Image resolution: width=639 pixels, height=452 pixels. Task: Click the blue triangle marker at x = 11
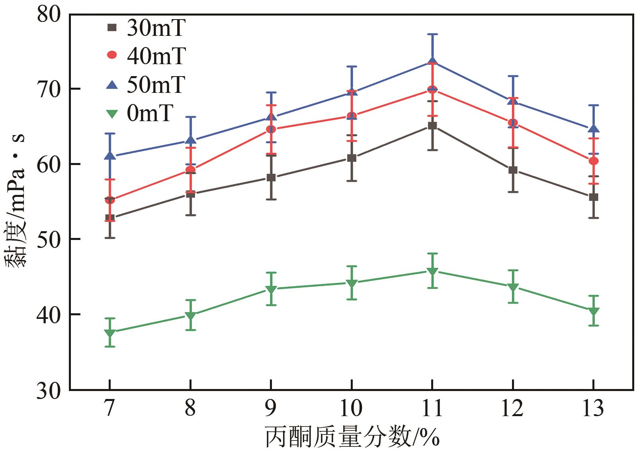tap(432, 61)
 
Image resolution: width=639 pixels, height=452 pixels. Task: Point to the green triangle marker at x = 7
tap(110, 333)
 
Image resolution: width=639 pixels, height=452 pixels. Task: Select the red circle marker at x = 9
tap(271, 129)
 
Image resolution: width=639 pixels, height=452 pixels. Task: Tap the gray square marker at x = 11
tap(432, 126)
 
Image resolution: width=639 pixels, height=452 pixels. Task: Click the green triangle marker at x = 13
tap(594, 311)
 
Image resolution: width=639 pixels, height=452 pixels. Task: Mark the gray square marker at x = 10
tap(352, 158)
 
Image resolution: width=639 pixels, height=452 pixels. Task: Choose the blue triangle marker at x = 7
tap(110, 156)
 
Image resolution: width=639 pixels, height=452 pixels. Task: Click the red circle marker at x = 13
tap(594, 161)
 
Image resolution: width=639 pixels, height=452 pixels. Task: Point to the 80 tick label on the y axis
tap(49, 15)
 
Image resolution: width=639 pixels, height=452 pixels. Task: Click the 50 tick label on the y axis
tap(49, 239)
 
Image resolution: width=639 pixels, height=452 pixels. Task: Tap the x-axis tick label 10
tap(352, 408)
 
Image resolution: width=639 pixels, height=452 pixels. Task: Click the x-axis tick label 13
tap(594, 408)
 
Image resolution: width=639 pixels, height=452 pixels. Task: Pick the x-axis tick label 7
tap(110, 408)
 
